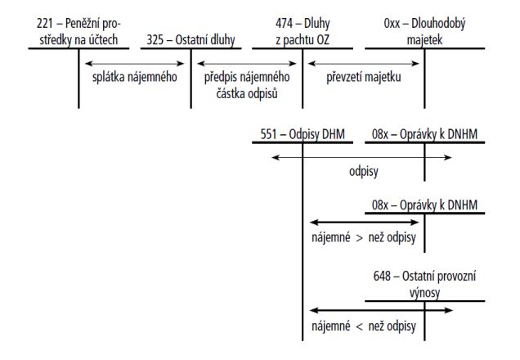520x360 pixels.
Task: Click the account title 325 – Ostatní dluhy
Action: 191,40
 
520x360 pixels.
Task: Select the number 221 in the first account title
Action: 45,24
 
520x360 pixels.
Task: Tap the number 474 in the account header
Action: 284,24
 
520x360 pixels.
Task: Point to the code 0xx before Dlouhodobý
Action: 392,24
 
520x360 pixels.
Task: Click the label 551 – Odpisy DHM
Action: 303,134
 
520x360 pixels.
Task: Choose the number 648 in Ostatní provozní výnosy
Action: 382,276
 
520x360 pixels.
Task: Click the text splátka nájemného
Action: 135,77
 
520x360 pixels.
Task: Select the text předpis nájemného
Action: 247,77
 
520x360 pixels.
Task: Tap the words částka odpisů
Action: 247,93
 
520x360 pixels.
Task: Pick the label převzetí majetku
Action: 364,77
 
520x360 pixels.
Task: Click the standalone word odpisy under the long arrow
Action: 364,172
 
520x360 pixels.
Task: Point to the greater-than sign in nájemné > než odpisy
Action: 359,238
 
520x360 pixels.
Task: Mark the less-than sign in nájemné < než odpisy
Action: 359,326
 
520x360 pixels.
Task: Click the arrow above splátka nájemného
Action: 135,63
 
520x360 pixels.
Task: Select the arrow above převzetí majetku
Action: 364,63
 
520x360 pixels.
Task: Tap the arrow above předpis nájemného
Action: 247,63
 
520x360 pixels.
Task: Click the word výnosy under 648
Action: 424,293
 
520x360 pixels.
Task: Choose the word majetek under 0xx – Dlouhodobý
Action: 424,40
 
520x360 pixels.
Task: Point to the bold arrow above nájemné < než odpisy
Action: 381,311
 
